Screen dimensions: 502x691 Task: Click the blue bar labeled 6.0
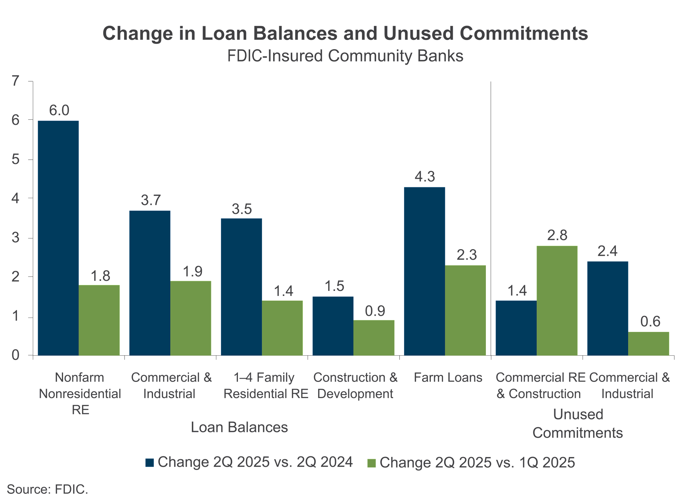(x=58, y=238)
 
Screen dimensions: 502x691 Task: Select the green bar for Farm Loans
(x=465, y=310)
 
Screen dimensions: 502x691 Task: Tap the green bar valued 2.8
(x=557, y=300)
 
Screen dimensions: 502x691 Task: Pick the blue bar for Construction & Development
(x=333, y=326)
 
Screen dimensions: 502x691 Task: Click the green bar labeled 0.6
(x=649, y=343)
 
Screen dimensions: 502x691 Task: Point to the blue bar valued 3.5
(x=241, y=287)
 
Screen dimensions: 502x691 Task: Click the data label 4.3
(x=425, y=177)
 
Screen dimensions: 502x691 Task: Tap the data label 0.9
(x=375, y=311)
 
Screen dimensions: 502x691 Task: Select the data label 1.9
(x=192, y=271)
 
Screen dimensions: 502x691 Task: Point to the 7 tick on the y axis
(x=15, y=81)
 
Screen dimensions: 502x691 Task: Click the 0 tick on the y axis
(x=15, y=355)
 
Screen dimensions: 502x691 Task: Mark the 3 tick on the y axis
(x=15, y=237)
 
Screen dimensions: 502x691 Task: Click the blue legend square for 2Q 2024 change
(x=150, y=463)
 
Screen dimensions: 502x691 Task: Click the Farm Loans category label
(x=448, y=377)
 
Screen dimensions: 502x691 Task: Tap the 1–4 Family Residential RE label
(x=266, y=385)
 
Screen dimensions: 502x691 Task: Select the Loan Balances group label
(x=239, y=427)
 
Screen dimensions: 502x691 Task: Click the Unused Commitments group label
(x=578, y=424)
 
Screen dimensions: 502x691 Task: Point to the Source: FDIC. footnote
(x=47, y=489)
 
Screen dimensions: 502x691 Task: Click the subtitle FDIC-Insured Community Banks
(x=345, y=56)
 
